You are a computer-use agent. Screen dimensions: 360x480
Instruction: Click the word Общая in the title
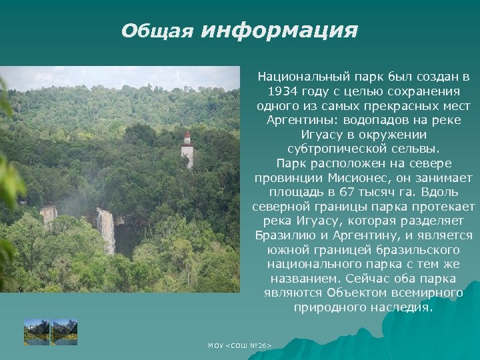coord(157,31)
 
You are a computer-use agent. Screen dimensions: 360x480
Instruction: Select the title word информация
coord(279,30)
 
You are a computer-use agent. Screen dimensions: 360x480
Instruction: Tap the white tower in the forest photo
coord(187,150)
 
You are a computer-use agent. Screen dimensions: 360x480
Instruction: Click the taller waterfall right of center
coord(105,229)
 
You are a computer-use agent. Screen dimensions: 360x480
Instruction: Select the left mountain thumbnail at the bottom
coord(37,331)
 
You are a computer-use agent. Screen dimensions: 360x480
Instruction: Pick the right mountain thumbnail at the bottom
coord(65,331)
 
